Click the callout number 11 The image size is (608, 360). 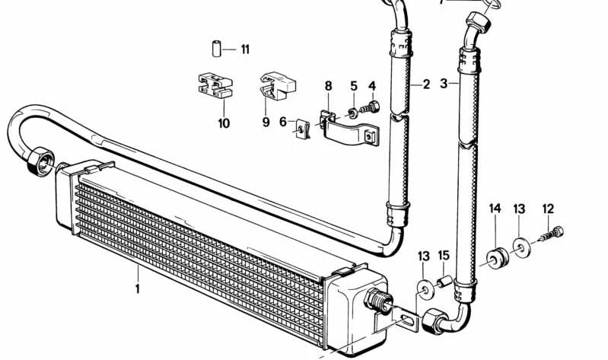tap(245, 49)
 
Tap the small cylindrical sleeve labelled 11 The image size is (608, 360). tap(217, 49)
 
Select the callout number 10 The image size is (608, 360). tap(224, 123)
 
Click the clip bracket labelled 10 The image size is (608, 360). tap(215, 84)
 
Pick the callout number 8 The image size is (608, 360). tap(329, 86)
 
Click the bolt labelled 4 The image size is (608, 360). tap(370, 107)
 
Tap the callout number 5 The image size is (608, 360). tap(354, 86)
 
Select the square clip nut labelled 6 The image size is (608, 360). tap(302, 129)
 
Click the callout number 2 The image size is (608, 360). tap(427, 84)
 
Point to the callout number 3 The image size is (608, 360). tap(444, 84)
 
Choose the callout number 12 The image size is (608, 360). tap(548, 209)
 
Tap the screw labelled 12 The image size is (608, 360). tap(552, 234)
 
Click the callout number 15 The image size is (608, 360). tap(444, 256)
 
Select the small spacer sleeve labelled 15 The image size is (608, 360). tap(443, 281)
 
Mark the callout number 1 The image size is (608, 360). tap(137, 288)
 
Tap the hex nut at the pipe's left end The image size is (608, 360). tap(41, 162)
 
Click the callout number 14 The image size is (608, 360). tap(495, 209)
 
